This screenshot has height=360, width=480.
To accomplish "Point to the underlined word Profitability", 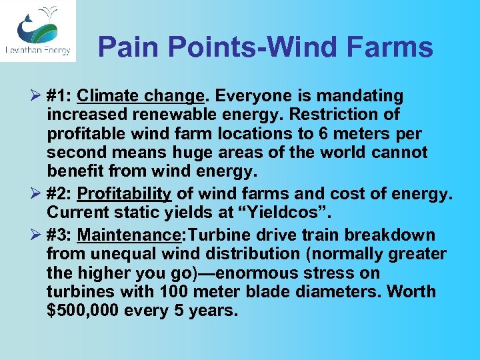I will (125, 194).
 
